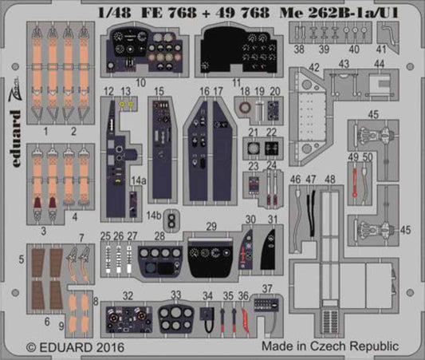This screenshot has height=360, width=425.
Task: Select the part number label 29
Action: [x=211, y=226]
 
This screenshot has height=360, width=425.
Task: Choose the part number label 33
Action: [x=176, y=294]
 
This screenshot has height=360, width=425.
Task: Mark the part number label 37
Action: [x=267, y=288]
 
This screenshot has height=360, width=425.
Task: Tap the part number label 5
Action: [x=20, y=260]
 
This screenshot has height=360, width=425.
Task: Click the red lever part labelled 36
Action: [x=245, y=319]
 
